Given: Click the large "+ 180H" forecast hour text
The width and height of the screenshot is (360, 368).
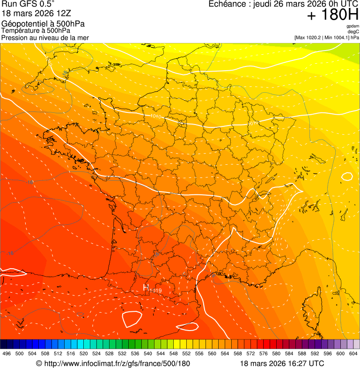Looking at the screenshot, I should (x=333, y=15).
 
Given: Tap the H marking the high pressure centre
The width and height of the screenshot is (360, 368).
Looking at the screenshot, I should (x=146, y=287).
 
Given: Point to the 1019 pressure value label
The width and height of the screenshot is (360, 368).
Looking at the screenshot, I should (x=156, y=291).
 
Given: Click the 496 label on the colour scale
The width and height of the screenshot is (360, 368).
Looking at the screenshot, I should (x=7, y=353).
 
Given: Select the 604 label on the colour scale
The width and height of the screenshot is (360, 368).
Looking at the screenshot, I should (x=353, y=353).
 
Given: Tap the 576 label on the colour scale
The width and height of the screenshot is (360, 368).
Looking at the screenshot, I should (x=263, y=353).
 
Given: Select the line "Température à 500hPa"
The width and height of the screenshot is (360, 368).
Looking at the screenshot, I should (x=36, y=30).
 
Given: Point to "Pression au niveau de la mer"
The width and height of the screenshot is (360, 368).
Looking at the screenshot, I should (x=45, y=37).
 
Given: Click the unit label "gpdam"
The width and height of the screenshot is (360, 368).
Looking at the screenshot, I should (x=353, y=26).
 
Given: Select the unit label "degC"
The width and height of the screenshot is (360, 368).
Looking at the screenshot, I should (x=353, y=32).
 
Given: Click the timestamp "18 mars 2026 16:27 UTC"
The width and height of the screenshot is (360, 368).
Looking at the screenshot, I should (x=282, y=363).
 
